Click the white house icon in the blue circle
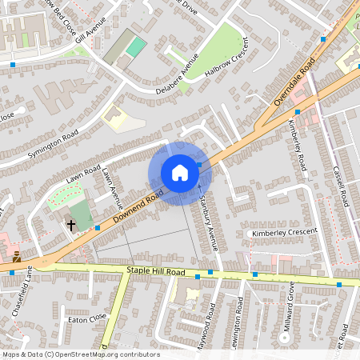click(179, 172)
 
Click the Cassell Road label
click(339, 184)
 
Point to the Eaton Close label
click(88, 318)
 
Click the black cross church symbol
click(71, 226)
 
